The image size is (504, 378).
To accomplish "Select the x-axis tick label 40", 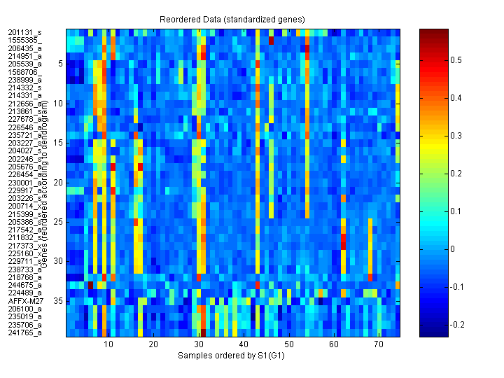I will click(243, 345).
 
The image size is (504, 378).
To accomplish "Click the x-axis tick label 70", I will click(379, 345).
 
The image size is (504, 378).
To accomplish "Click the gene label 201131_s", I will click(24, 32).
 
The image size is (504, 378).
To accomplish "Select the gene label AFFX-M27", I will click(24, 300).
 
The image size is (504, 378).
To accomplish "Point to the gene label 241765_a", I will click(24, 332).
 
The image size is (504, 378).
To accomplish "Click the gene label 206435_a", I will click(24, 48).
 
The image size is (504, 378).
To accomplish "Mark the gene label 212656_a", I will click(24, 104).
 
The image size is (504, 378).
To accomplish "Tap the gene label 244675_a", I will click(24, 285).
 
